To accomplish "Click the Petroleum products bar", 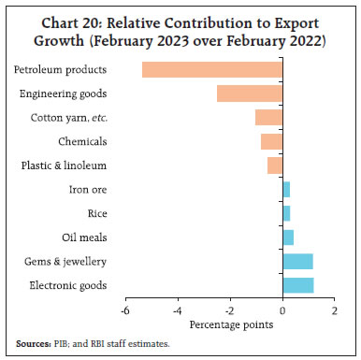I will pos(212,70).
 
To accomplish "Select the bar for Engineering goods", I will pos(250,94).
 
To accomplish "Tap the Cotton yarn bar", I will pos(268,118).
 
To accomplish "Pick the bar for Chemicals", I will pos(271,141).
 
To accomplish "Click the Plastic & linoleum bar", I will pos(275,166).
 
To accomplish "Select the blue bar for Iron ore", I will pos(286,190).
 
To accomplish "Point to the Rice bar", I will pos(286,213).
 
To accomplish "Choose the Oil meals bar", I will pos(288,238).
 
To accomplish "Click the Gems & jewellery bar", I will pos(297,261).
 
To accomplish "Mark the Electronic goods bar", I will pos(297,285).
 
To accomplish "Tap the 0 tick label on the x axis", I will pos(282,311).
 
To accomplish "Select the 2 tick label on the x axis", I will pos(335,311).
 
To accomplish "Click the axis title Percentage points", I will pos(230,325).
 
